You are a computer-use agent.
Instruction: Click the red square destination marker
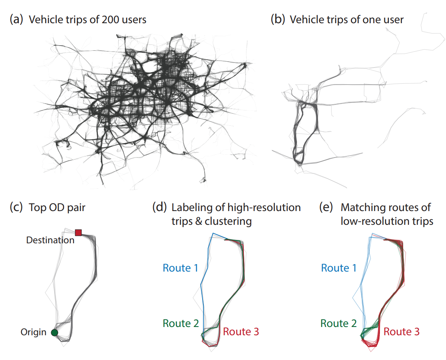(x=78, y=232)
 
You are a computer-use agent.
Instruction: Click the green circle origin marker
(x=55, y=333)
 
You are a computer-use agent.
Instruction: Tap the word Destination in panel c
(x=50, y=240)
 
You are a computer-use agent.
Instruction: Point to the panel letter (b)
(x=278, y=19)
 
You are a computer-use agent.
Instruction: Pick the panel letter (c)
(x=16, y=208)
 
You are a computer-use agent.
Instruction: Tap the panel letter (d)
(x=159, y=208)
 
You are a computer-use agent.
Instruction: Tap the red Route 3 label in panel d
(x=241, y=332)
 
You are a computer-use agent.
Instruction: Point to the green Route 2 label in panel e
(x=338, y=323)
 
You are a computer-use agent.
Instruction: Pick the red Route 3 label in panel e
(x=402, y=332)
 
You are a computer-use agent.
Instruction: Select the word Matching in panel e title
(x=358, y=208)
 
